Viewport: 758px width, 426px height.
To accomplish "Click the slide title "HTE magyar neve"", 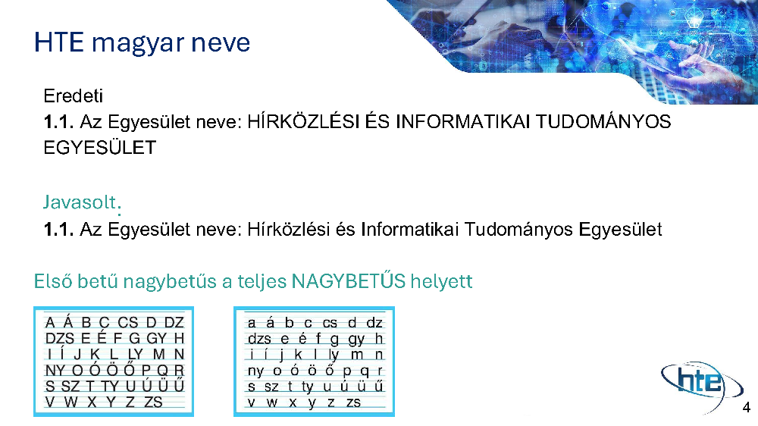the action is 143,43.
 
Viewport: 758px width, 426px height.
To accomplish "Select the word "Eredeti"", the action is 74,96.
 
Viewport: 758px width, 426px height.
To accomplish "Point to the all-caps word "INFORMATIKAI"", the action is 462,121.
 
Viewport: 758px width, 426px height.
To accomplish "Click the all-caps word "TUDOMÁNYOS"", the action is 603,121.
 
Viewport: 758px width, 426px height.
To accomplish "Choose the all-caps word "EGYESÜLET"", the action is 100,147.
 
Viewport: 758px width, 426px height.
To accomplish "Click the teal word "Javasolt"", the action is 80,202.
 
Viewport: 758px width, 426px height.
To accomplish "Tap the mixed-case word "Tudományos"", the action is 518,230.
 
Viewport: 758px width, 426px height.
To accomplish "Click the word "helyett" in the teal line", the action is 441,281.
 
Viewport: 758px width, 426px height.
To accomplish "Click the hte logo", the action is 702,385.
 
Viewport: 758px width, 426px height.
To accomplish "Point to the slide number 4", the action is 747,408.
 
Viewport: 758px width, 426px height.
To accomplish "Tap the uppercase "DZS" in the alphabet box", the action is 59,338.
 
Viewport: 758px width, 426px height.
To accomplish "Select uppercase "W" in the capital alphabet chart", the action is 70,402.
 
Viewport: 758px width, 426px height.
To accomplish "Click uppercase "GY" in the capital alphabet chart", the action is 157,338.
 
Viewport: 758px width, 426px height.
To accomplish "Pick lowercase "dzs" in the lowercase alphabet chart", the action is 259,339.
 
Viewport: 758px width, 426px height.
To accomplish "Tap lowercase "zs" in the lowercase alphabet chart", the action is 353,403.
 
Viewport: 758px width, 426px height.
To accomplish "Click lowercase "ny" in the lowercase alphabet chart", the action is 255,371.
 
